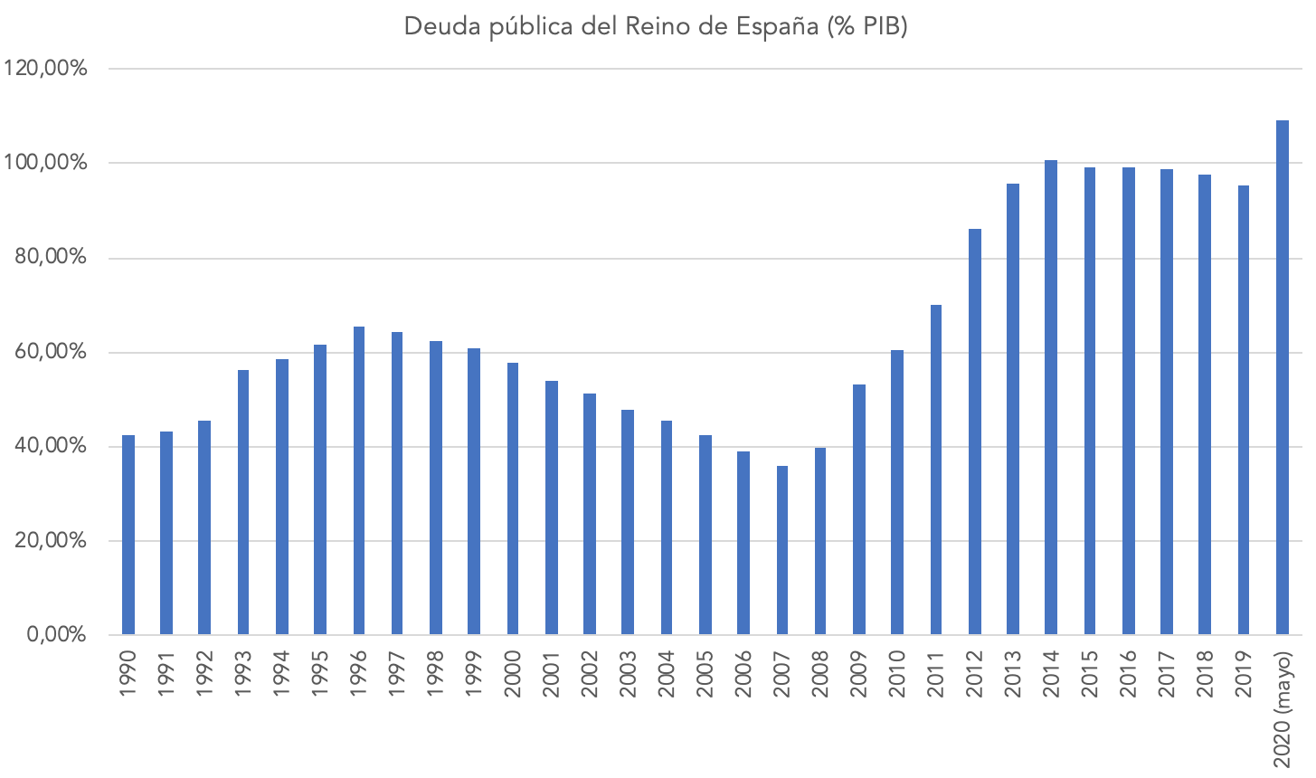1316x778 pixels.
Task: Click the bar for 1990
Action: click(x=128, y=535)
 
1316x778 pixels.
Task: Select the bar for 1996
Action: click(x=359, y=480)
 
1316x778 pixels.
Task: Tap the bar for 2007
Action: click(x=782, y=550)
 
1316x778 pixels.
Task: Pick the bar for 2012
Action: click(x=975, y=432)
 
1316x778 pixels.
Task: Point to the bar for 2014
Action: click(x=1051, y=397)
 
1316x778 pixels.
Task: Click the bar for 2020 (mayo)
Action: click(x=1283, y=377)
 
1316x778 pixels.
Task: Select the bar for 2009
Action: click(x=859, y=509)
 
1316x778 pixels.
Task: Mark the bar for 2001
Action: click(x=552, y=508)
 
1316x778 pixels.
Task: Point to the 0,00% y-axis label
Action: click(x=56, y=635)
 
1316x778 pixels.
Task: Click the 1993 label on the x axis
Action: click(x=243, y=673)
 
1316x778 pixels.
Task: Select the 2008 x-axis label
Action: click(x=820, y=673)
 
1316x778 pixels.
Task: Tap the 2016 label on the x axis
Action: click(x=1128, y=673)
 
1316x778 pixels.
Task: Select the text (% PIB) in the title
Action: click(x=866, y=27)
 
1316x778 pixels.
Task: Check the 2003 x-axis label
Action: click(x=628, y=673)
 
